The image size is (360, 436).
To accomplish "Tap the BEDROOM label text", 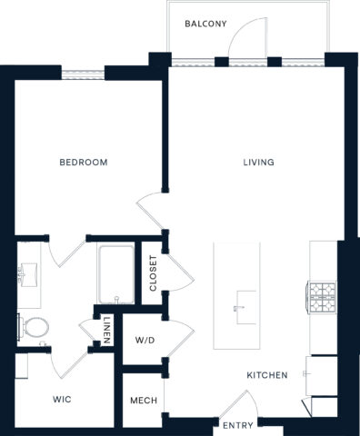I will click(84, 163).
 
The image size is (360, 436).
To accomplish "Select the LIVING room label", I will click(258, 163).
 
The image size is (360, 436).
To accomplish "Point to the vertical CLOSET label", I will click(154, 274).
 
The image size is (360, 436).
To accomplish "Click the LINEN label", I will click(107, 329).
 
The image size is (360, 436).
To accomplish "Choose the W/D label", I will click(145, 342).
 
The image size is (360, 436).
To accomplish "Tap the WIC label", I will click(63, 399).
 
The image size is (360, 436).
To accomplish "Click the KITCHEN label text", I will click(266, 375).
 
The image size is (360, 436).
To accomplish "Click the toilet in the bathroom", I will click(35, 327).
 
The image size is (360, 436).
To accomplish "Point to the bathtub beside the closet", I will click(116, 274).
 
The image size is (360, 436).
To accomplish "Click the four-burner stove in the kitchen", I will click(323, 295).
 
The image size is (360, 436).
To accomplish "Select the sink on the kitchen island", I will click(243, 301).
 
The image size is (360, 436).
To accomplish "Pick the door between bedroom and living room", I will click(150, 209).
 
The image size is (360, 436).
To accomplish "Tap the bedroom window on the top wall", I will click(84, 72).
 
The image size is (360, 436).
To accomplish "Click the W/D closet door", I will click(178, 333).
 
